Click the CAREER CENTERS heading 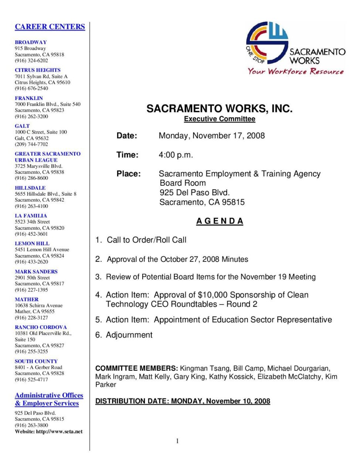(x=50, y=27)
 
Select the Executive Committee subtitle (x=220, y=119)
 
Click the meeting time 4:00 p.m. (x=176, y=155)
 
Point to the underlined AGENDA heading (x=220, y=221)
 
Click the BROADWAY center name (x=31, y=42)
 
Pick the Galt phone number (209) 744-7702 (x=31, y=144)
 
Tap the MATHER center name (x=27, y=299)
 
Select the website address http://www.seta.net (x=59, y=431)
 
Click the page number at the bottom (x=177, y=441)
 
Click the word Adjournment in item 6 (x=129, y=335)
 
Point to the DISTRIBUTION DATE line (x=183, y=401)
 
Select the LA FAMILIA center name (x=31, y=216)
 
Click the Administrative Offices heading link (x=49, y=395)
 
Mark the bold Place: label (x=129, y=174)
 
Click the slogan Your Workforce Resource (x=295, y=71)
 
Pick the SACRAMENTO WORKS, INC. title (x=219, y=109)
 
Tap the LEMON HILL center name (x=32, y=243)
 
